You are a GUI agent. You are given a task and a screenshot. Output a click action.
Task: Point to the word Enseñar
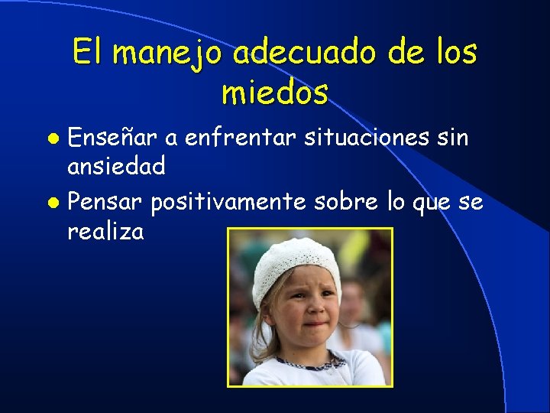point(113,139)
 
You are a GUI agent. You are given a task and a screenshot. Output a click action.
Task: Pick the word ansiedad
point(116,166)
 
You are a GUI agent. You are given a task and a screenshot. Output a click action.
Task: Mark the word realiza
point(105,231)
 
